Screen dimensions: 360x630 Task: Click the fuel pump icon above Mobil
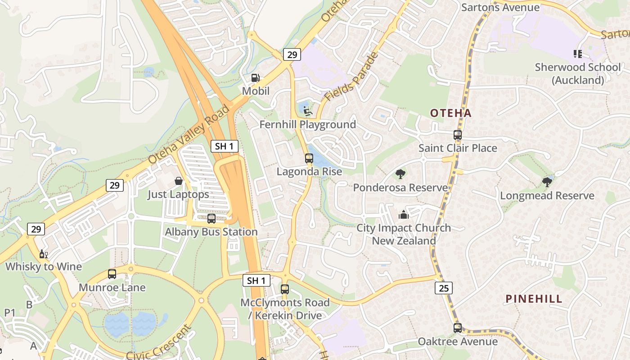[256, 78]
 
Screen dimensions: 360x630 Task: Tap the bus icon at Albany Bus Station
[211, 219]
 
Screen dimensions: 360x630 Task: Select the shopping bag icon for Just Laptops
[179, 181]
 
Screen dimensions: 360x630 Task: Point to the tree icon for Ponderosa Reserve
[400, 174]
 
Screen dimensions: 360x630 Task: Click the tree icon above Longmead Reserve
[547, 182]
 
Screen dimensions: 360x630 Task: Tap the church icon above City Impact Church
[404, 214]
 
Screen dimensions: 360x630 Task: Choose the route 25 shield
[444, 288]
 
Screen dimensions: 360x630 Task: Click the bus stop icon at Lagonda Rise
[309, 158]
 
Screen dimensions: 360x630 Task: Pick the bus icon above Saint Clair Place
[458, 135]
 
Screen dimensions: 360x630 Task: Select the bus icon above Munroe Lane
[112, 274]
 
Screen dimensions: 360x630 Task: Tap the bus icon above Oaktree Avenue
[458, 328]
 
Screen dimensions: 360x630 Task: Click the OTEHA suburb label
[451, 113]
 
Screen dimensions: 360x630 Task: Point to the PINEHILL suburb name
[534, 299]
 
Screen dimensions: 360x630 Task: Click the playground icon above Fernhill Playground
[308, 111]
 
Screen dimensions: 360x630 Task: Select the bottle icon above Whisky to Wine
[43, 254]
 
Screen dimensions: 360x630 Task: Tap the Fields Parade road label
[351, 77]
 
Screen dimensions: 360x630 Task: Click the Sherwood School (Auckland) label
[578, 73]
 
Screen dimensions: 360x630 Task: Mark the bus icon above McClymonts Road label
[285, 289]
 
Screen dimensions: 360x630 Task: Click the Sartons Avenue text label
[500, 7]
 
